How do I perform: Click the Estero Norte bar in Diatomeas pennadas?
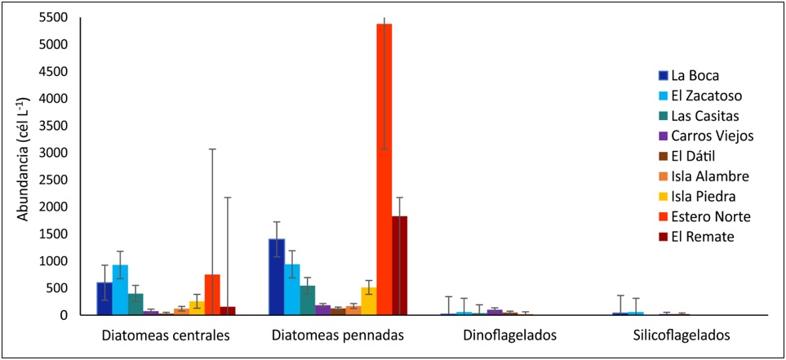click(384, 169)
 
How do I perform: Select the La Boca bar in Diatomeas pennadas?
click(276, 277)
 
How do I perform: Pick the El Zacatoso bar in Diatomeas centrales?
click(120, 290)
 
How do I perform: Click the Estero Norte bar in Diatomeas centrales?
click(212, 295)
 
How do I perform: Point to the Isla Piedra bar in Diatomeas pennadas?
click(369, 301)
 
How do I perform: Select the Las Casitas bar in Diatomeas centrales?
click(135, 304)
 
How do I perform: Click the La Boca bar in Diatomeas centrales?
click(104, 299)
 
